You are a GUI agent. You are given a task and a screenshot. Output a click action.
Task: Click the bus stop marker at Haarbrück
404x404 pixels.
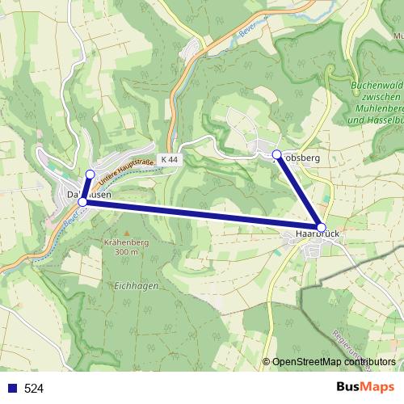click(321, 228)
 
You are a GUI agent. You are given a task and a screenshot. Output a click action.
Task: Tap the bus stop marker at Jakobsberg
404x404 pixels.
click(276, 154)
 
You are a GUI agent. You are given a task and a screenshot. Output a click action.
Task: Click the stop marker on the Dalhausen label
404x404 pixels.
click(82, 202)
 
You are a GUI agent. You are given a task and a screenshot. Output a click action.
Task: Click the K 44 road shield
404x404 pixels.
click(169, 160)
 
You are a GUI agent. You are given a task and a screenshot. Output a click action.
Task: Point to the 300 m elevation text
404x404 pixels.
click(127, 252)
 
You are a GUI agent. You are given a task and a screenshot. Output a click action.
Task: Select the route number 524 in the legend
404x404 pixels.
click(34, 389)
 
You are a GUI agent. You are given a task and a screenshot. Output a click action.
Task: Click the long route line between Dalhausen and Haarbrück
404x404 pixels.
click(202, 215)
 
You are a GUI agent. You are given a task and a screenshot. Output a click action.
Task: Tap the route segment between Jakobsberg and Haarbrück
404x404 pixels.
click(299, 191)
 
